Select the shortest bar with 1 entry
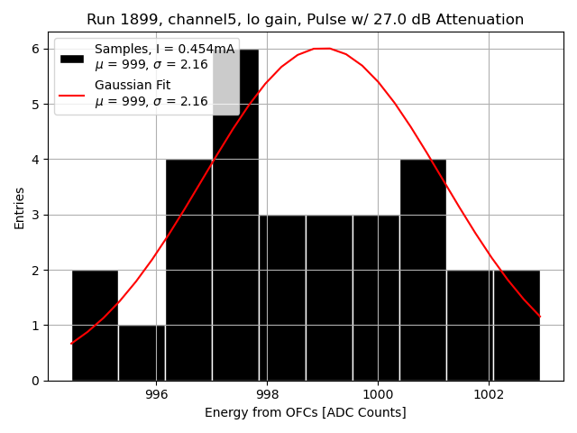click(142, 353)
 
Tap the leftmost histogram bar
click(95, 325)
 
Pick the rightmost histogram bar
click(517, 325)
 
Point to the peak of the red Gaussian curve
click(322, 49)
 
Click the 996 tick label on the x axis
click(156, 395)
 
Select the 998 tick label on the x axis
click(267, 395)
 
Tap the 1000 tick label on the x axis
click(377, 395)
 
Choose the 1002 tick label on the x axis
click(489, 395)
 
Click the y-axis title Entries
click(20, 207)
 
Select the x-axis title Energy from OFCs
click(305, 413)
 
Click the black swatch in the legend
click(72, 59)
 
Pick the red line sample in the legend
click(72, 94)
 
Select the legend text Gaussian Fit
click(133, 86)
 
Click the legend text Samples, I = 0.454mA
click(164, 50)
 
